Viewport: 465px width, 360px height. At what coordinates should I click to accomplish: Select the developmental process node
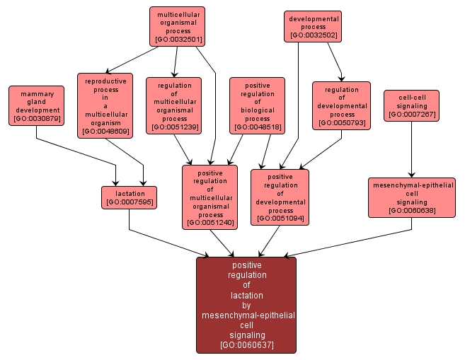tap(313, 25)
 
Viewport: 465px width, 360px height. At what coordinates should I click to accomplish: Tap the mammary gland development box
tap(37, 105)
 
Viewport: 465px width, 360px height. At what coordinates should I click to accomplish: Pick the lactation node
tap(130, 197)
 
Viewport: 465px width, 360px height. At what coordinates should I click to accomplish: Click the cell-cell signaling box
tap(412, 105)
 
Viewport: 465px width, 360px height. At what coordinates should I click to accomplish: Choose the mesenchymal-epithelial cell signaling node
tap(411, 197)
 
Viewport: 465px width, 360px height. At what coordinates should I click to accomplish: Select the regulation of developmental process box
tap(341, 105)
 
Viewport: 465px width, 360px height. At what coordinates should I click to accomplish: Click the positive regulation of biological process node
tap(257, 105)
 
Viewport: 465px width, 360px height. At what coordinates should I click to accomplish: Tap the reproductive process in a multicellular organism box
tap(105, 105)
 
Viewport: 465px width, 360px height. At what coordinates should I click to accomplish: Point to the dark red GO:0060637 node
tap(246, 304)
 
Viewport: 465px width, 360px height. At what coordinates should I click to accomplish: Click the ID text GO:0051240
tap(209, 223)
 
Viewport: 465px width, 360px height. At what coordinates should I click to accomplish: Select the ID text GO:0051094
tap(280, 219)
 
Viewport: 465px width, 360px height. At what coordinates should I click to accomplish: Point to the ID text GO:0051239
tap(173, 127)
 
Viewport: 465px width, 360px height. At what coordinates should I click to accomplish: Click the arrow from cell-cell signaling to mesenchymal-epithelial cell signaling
tap(411, 149)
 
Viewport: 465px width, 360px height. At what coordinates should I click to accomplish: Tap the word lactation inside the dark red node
tap(246, 295)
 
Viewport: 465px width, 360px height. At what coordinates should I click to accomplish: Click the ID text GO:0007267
tap(412, 114)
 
